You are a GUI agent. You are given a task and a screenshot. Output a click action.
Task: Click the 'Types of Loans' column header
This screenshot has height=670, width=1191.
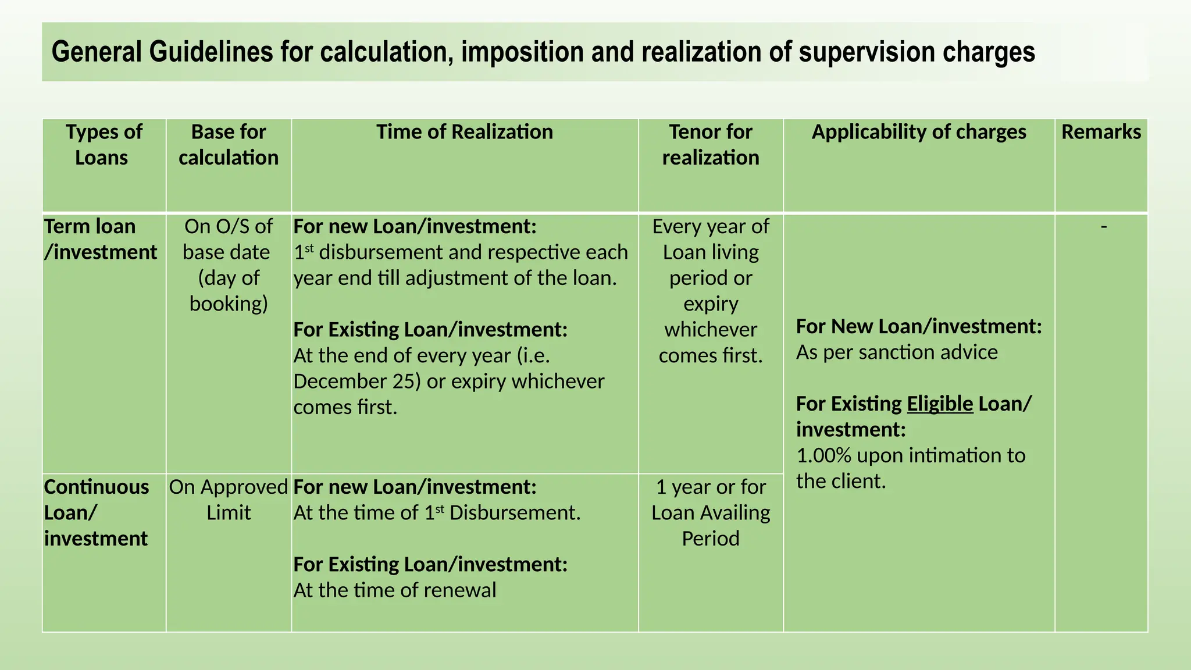pyautogui.click(x=104, y=145)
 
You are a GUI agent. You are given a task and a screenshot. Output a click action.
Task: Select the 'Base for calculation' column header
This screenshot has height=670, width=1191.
pyautogui.click(x=229, y=145)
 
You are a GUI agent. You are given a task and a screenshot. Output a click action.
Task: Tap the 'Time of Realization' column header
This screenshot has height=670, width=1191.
pyautogui.click(x=464, y=132)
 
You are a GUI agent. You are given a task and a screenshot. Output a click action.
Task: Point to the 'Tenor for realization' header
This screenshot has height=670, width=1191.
pyautogui.click(x=710, y=145)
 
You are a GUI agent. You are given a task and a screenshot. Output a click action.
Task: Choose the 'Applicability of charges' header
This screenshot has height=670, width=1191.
pyautogui.click(x=918, y=132)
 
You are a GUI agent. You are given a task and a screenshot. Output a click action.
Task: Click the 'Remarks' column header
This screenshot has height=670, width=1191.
pyautogui.click(x=1101, y=132)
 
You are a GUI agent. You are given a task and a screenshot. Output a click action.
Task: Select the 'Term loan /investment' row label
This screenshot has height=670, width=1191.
pyautogui.click(x=100, y=239)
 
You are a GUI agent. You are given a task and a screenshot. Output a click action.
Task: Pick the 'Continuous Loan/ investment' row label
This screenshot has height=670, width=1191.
pyautogui.click(x=97, y=512)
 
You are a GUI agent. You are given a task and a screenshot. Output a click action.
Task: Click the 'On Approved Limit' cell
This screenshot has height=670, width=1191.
pyautogui.click(x=229, y=500)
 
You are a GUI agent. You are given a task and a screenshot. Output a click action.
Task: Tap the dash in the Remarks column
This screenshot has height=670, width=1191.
pyautogui.click(x=1103, y=226)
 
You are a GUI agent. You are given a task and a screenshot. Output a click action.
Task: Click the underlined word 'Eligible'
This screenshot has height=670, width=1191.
pyautogui.click(x=939, y=404)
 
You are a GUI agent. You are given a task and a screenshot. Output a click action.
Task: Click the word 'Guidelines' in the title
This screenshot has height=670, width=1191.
pyautogui.click(x=211, y=52)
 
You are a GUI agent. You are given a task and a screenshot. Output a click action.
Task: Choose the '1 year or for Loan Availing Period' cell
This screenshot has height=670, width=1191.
pyautogui.click(x=710, y=512)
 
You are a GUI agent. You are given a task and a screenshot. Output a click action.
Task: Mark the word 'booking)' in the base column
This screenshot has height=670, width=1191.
pyautogui.click(x=229, y=304)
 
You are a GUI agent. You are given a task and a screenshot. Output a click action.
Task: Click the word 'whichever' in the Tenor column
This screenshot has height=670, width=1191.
pyautogui.click(x=710, y=330)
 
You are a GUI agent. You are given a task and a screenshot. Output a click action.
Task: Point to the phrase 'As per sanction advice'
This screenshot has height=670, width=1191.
pyautogui.click(x=896, y=352)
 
